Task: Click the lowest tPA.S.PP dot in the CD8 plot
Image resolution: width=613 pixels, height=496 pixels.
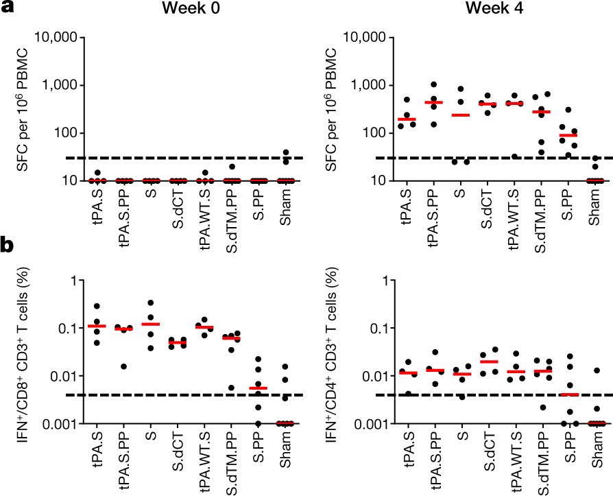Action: [x=123, y=366]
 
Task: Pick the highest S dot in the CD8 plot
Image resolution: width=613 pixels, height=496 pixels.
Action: [x=150, y=303]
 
